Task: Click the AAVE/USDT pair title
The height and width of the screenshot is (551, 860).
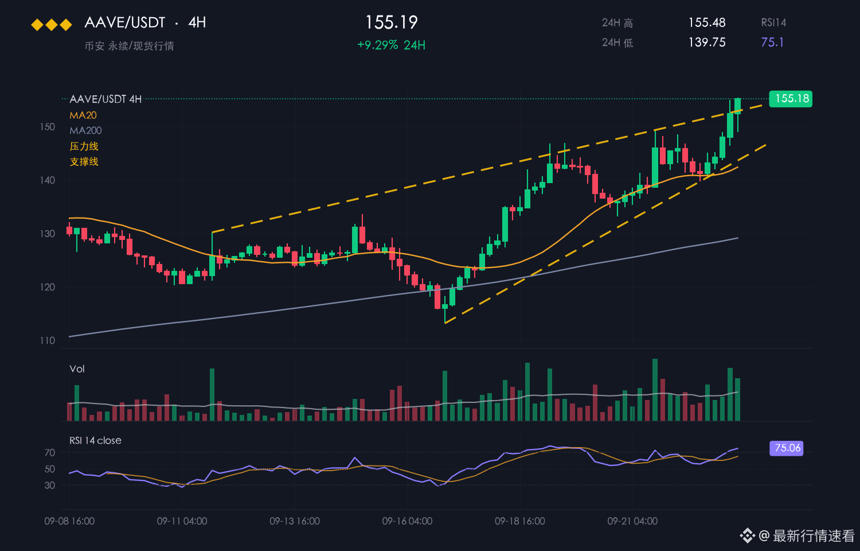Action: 125,22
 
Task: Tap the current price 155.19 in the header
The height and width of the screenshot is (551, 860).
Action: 391,22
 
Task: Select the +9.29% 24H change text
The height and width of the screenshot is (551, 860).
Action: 391,45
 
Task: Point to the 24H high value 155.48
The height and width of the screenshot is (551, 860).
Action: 707,22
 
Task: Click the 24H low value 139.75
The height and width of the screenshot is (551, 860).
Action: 707,42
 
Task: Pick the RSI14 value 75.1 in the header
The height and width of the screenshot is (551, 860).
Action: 772,42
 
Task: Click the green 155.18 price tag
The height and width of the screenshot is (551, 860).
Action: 791,99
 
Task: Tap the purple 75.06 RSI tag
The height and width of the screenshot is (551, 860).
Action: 787,448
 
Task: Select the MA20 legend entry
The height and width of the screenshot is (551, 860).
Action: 83,115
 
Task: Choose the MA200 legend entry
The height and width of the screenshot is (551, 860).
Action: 85,131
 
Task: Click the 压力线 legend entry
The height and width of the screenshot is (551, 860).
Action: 84,146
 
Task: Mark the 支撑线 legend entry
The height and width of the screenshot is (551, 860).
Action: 84,162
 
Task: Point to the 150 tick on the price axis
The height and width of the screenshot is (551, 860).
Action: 48,127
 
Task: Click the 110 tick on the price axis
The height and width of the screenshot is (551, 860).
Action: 48,340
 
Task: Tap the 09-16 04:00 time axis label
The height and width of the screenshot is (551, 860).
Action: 407,521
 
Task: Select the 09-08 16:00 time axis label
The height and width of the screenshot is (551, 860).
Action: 69,521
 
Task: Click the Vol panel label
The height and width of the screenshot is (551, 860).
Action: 77,369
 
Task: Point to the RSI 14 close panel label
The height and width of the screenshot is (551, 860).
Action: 95,440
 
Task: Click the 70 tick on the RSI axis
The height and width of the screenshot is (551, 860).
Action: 50,453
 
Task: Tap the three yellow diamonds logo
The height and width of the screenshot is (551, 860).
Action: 52,25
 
